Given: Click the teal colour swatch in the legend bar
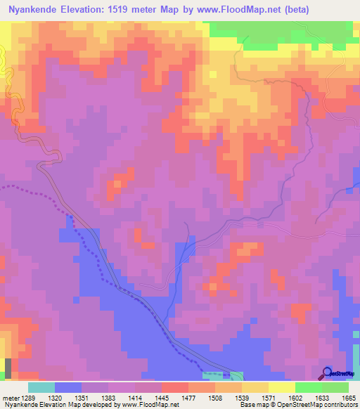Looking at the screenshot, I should [x=41, y=387].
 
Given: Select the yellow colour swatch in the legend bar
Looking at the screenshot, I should [x=282, y=387].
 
